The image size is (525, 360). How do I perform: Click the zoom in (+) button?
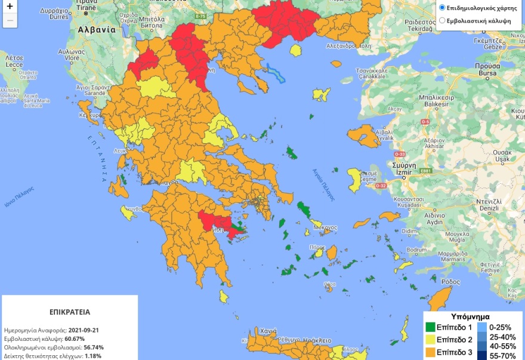pos(10,7)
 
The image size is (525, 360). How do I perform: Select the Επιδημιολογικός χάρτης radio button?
pos(442,8)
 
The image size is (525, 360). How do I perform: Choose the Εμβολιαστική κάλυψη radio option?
pos(442,20)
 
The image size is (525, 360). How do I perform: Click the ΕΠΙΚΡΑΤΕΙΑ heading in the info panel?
pos(70,312)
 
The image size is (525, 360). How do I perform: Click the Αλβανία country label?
pos(96,29)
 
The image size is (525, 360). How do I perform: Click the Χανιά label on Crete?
pos(268,330)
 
